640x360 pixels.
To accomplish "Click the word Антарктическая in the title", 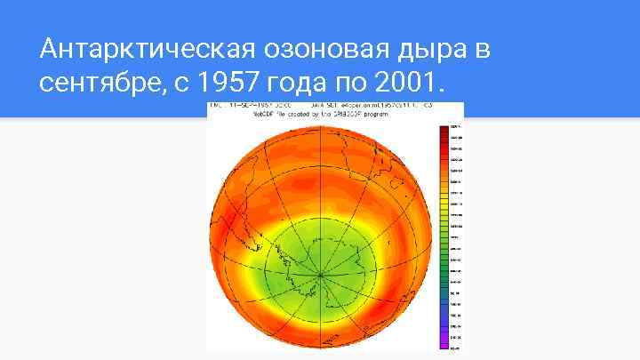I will [x=133, y=50].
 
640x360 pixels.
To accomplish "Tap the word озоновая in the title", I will [x=301, y=50].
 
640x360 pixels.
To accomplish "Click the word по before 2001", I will [x=349, y=84].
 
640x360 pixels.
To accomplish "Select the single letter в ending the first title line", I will [x=481, y=50].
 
